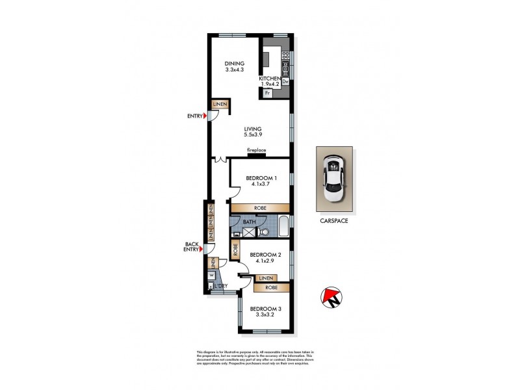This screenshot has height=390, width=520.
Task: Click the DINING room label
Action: point(234,63)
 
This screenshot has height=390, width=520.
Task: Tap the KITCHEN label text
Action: point(270,78)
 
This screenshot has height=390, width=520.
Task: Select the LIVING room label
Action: point(252,129)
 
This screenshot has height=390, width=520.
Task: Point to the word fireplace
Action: point(256,150)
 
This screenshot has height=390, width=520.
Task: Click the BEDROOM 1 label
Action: point(261,178)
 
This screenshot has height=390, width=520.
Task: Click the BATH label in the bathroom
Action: point(250,222)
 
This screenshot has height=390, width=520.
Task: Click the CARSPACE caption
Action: point(335,220)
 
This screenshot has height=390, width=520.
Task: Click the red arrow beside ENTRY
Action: point(205,116)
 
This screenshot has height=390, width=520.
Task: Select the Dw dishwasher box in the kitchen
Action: point(285,81)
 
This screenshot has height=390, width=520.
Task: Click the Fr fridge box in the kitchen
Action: point(267,94)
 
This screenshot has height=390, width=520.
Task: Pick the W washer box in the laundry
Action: point(211,275)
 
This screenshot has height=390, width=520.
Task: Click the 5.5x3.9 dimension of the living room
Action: point(252,135)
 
